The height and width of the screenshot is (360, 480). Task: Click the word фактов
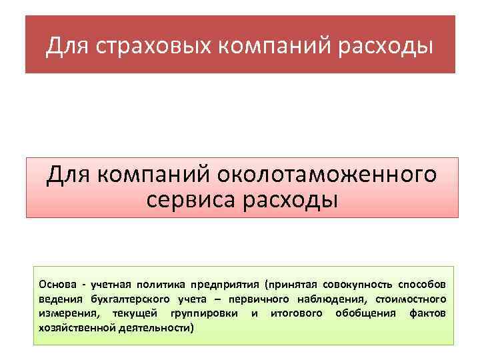point(427,313)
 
